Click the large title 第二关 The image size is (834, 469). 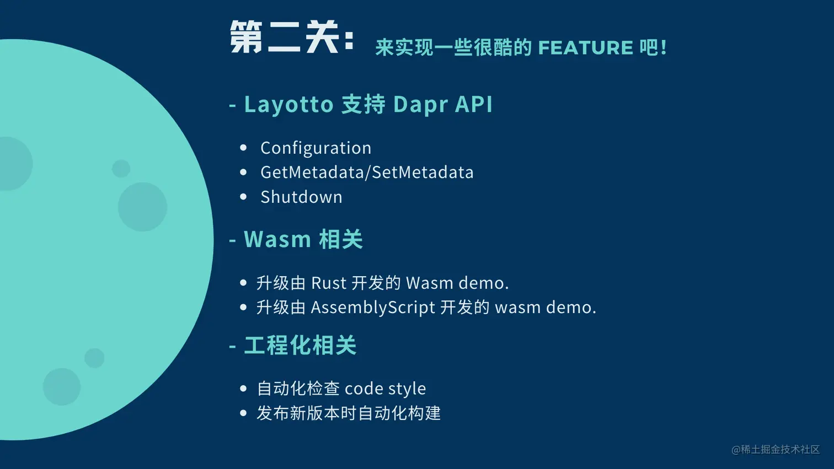pyautogui.click(x=285, y=37)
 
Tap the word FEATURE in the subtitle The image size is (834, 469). pyautogui.click(x=586, y=47)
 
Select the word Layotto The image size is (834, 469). pyautogui.click(x=288, y=104)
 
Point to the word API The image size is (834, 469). pyautogui.click(x=474, y=104)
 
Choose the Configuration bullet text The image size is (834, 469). pyautogui.click(x=316, y=148)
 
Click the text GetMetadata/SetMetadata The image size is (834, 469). pyautogui.click(x=367, y=172)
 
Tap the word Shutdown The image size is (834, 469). pyautogui.click(x=301, y=197)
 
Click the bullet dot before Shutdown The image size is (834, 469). pyautogui.click(x=243, y=197)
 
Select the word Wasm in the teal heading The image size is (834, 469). pyautogui.click(x=277, y=239)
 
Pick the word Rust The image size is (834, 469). pyautogui.click(x=328, y=283)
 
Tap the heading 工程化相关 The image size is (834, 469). pyautogui.click(x=300, y=345)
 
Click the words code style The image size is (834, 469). pyautogui.click(x=386, y=389)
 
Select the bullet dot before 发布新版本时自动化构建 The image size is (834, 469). pyautogui.click(x=243, y=413)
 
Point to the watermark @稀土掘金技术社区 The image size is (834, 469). pyautogui.click(x=776, y=450)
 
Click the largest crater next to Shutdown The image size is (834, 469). pyautogui.click(x=143, y=207)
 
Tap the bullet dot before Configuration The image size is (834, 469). pyautogui.click(x=243, y=148)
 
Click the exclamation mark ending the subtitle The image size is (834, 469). pyautogui.click(x=664, y=47)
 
